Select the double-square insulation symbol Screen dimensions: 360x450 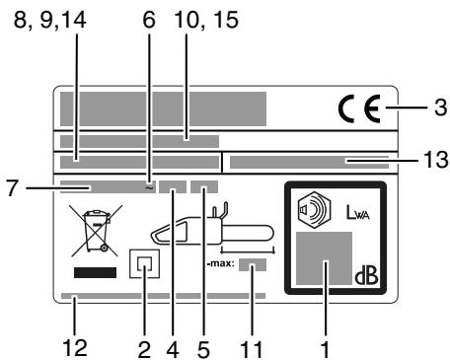point(147,264)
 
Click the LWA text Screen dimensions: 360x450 point(352,210)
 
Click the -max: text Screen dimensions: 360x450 point(219,263)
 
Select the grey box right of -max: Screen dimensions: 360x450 point(252,264)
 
